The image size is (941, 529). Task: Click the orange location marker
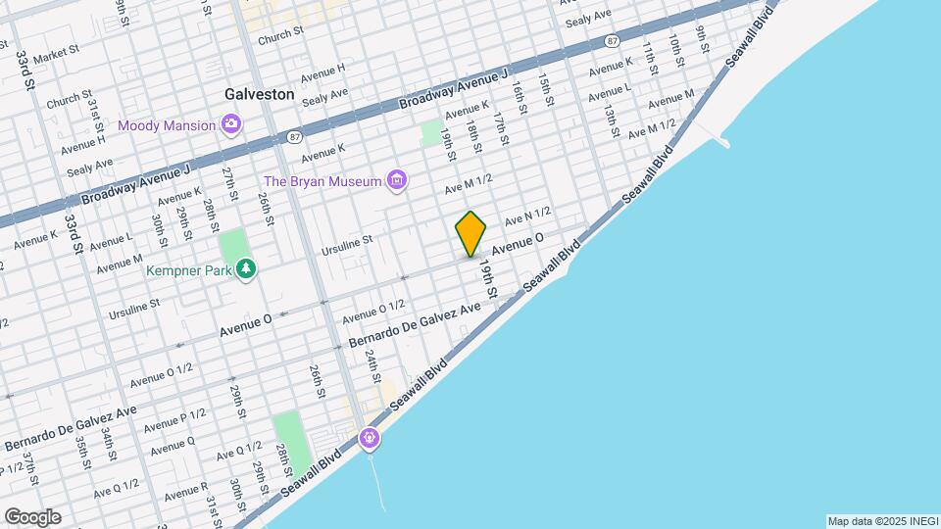click(470, 233)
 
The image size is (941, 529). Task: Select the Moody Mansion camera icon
click(231, 123)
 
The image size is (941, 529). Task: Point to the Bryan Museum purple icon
click(396, 179)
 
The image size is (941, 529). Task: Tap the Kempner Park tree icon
click(246, 267)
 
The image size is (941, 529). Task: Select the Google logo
click(31, 516)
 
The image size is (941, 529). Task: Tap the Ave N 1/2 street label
click(528, 216)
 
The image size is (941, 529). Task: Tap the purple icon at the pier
click(370, 438)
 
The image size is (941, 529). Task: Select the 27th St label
click(229, 183)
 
